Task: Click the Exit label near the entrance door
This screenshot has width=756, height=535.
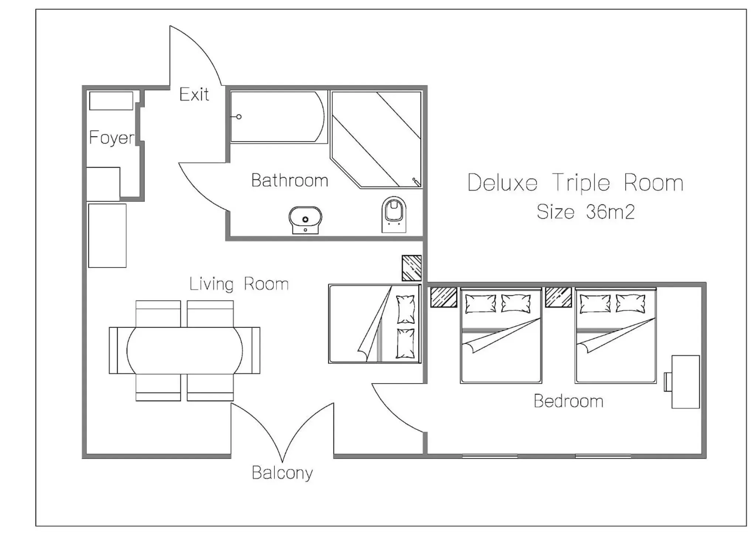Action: click(x=194, y=95)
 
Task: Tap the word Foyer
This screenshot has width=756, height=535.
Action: click(x=112, y=137)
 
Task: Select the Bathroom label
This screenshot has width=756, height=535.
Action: click(x=290, y=181)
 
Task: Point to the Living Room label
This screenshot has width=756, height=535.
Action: click(x=239, y=284)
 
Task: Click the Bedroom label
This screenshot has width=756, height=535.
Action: click(x=568, y=401)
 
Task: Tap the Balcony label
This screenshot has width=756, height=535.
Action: click(x=282, y=473)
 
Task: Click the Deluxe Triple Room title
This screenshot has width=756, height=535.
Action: click(x=575, y=183)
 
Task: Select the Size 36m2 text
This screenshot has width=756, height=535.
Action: click(x=585, y=212)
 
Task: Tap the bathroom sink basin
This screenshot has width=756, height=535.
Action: click(x=305, y=219)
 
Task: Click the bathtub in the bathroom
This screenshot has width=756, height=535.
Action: click(x=277, y=117)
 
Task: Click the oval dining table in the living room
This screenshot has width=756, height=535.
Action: click(x=185, y=350)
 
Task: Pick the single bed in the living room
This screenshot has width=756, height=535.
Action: click(x=374, y=324)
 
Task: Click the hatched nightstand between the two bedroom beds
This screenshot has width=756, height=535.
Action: click(x=558, y=297)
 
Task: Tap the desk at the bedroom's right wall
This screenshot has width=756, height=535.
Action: click(x=685, y=382)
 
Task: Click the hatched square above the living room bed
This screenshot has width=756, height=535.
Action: click(x=411, y=268)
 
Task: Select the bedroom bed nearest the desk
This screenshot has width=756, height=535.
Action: click(x=615, y=335)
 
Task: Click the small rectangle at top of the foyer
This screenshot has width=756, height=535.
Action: click(x=111, y=101)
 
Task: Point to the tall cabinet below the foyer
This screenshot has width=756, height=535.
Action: click(x=107, y=235)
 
